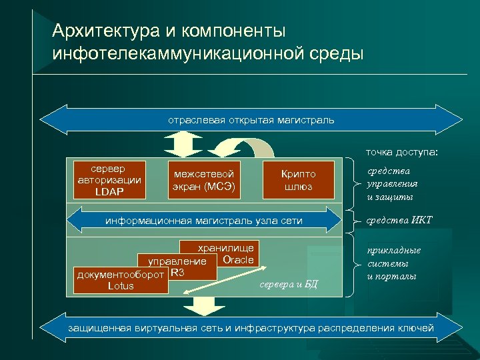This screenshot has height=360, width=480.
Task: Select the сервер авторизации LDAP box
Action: [x=109, y=179]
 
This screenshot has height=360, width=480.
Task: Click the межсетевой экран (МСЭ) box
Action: [x=203, y=179]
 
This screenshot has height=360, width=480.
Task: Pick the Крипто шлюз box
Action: [x=298, y=179]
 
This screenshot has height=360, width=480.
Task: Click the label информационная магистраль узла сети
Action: [x=205, y=221]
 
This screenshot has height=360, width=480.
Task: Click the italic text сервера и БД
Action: [x=289, y=285]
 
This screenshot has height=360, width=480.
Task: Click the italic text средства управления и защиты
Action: [x=393, y=184]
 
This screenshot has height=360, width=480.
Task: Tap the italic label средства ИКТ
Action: [x=399, y=221]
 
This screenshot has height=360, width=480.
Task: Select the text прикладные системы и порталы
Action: [x=394, y=263]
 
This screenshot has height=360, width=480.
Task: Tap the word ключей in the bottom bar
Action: [x=417, y=327]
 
